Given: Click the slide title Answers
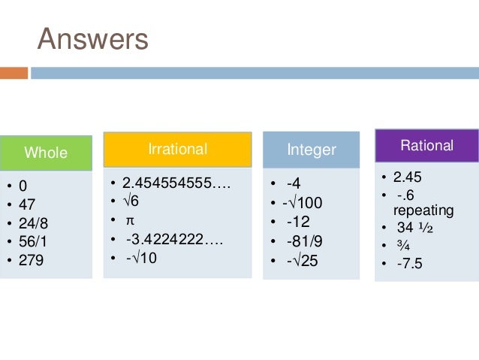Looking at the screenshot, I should tap(93, 40).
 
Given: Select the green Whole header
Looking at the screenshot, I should tap(46, 153).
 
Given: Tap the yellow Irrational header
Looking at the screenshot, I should tap(177, 149).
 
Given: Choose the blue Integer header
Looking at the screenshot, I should tap(312, 150).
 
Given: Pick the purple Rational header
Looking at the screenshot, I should tap(426, 145).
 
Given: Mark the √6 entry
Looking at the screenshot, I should tap(130, 202).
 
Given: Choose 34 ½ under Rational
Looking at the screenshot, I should tap(417, 228).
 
